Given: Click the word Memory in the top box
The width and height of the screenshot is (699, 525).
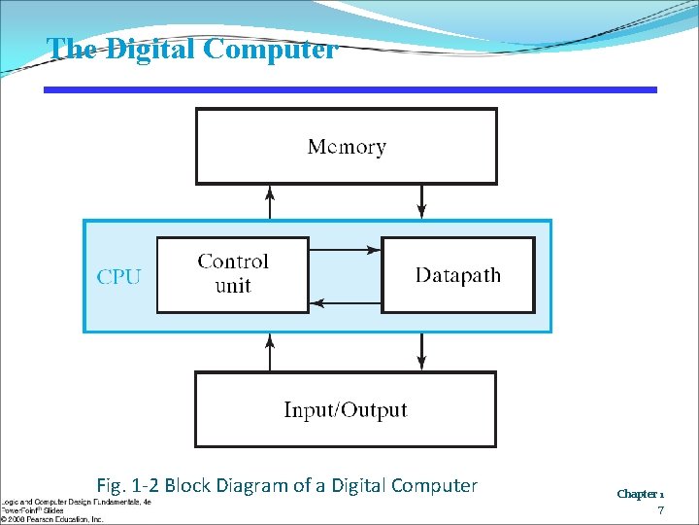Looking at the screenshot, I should (x=347, y=147).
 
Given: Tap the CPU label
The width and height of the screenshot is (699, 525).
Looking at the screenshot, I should (x=118, y=277).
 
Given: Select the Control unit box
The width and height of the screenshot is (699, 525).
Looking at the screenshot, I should (x=233, y=274).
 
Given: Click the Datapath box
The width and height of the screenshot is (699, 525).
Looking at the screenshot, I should (x=458, y=275).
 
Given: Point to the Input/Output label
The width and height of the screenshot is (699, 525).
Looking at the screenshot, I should (x=346, y=410).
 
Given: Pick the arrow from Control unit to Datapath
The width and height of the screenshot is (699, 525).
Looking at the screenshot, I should (x=345, y=250).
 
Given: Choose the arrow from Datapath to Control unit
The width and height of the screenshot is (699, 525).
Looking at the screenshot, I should (x=345, y=303).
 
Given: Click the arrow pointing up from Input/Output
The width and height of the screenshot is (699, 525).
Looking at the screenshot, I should (x=270, y=353).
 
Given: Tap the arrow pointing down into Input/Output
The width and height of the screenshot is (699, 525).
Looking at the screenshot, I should (x=421, y=353).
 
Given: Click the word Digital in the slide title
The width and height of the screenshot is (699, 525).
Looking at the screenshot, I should (x=150, y=49).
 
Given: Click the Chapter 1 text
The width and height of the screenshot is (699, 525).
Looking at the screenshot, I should (x=640, y=494).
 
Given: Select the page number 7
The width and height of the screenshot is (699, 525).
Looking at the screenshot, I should (x=660, y=510).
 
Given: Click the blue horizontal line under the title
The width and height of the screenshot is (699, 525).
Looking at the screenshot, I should (x=349, y=89).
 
